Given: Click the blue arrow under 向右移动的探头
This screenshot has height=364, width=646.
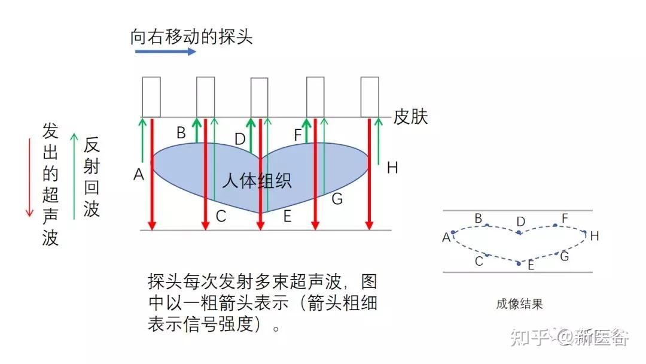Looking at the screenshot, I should pyautogui.click(x=165, y=51).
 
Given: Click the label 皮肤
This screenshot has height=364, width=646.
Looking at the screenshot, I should pyautogui.click(x=410, y=117).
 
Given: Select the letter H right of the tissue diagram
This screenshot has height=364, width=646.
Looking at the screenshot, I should pyautogui.click(x=392, y=168).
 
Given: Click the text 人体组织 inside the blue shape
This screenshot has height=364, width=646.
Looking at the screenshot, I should pyautogui.click(x=257, y=180).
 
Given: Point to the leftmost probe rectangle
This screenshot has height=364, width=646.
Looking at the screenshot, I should pyautogui.click(x=151, y=97).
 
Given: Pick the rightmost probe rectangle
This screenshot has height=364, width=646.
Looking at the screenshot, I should pyautogui.click(x=370, y=97).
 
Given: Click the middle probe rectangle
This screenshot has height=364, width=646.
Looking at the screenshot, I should pyautogui.click(x=259, y=98).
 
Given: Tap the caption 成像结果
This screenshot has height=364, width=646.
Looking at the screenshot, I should pyautogui.click(x=519, y=304).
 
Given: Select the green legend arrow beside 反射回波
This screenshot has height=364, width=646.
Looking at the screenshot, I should pyautogui.click(x=74, y=176).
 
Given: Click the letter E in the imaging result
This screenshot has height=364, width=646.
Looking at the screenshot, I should pyautogui.click(x=531, y=265).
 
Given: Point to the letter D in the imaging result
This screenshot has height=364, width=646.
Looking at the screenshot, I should pyautogui.click(x=520, y=222).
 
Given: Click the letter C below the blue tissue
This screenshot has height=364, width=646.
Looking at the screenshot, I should pyautogui.click(x=221, y=217).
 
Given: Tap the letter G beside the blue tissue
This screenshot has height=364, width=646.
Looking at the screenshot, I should pyautogui.click(x=337, y=199).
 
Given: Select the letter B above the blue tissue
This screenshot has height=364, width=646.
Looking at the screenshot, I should pyautogui.click(x=181, y=132).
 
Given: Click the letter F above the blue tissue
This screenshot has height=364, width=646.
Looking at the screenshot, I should pyautogui.click(x=298, y=135).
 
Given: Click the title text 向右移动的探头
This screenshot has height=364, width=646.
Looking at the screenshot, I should pyautogui.click(x=191, y=37).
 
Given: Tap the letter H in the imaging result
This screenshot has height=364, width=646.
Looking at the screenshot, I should pyautogui.click(x=594, y=236).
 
